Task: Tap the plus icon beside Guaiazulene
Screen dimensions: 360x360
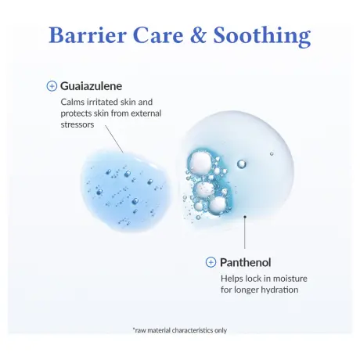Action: (x=52, y=86)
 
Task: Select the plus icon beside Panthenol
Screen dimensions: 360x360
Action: (x=211, y=262)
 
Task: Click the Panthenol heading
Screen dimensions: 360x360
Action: (x=247, y=262)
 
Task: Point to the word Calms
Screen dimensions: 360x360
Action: (x=74, y=102)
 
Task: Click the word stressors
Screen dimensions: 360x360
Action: (x=77, y=124)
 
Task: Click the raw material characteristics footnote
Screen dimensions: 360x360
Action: (x=179, y=329)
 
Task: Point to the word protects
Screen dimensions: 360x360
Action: (x=77, y=113)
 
